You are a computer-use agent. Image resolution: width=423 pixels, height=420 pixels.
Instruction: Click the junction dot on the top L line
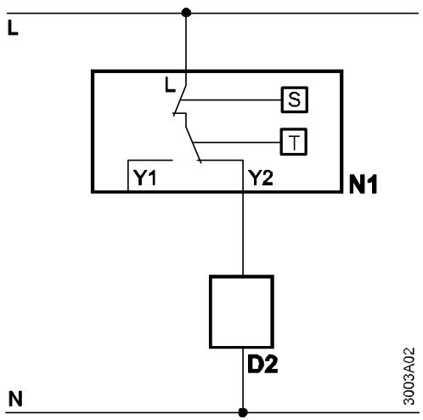coord(186,13)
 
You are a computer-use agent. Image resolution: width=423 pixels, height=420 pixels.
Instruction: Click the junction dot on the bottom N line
coord(243,412)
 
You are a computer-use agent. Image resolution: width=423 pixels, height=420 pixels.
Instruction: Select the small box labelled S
coord(295,99)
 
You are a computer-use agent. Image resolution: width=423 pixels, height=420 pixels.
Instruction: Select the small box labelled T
coord(294,142)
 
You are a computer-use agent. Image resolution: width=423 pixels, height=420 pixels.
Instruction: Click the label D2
coord(262,364)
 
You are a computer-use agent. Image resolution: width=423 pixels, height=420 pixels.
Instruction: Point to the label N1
coord(364,184)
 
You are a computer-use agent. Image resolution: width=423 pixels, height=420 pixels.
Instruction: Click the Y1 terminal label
coord(144,178)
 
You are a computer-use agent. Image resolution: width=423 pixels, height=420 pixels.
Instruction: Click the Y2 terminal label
coord(261,178)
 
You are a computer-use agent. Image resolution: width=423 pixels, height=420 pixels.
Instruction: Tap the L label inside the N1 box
coord(170,85)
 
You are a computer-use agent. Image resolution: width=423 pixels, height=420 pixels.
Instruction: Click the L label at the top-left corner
coord(13,28)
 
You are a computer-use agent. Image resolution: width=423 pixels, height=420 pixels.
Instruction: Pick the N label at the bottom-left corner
coord(15,399)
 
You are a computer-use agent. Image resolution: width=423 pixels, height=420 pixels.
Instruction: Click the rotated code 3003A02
coord(409,377)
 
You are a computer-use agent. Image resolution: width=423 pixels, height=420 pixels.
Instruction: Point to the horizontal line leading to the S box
coord(231,100)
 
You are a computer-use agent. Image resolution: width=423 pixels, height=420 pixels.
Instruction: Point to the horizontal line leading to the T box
coord(237,142)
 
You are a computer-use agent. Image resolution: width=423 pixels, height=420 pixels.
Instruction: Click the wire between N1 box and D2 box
coord(243,234)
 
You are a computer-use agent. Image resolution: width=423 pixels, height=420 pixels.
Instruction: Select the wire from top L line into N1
coord(186,43)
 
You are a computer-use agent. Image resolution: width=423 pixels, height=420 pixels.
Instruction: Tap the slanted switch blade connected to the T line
coord(194,145)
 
